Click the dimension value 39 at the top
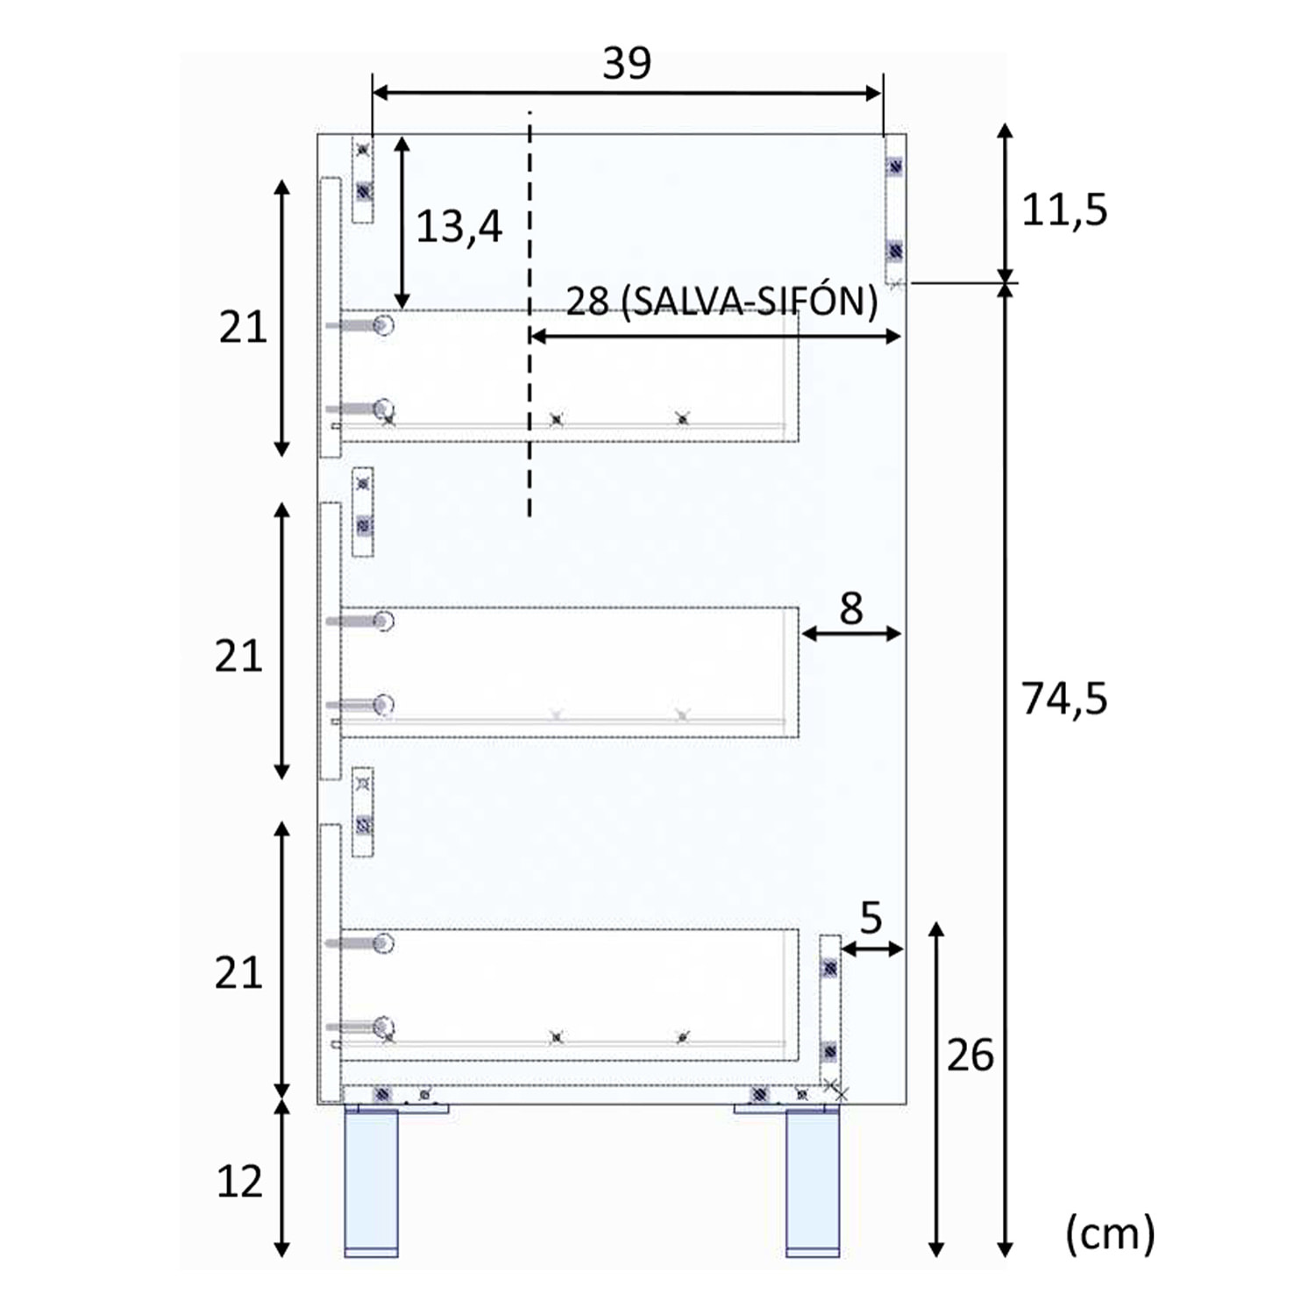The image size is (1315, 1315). click(627, 63)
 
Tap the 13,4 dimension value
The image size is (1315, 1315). click(458, 227)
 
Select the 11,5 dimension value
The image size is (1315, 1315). click(1064, 210)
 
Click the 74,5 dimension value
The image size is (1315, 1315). click(1064, 700)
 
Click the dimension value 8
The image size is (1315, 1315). click(850, 608)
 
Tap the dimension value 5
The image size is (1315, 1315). click(870, 919)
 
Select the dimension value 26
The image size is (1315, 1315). click(970, 1056)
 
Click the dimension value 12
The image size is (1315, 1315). click(239, 1183)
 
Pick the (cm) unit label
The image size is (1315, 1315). click(1110, 1234)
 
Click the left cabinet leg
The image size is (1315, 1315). click(371, 1183)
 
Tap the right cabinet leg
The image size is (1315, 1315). click(813, 1183)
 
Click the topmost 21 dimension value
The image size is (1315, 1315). click(243, 328)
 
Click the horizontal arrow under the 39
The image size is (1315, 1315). click(627, 94)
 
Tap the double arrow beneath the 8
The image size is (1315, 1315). click(851, 634)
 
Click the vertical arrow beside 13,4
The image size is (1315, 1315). click(402, 223)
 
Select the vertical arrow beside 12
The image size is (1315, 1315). click(281, 1179)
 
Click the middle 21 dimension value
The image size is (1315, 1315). click(238, 657)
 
